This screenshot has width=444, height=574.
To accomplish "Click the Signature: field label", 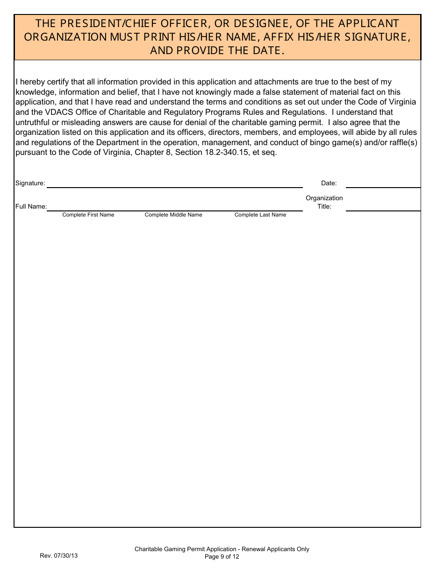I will pos(30,183).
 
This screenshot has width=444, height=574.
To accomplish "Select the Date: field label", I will pos(329,183).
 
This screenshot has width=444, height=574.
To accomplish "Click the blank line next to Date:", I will pos(383,184).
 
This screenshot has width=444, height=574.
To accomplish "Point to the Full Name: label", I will pos(31,206).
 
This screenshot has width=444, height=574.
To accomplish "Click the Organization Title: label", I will pos(324,202).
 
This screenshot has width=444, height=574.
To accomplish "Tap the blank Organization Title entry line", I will pos(383,207).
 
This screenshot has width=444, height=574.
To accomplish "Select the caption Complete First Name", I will pos(88,215).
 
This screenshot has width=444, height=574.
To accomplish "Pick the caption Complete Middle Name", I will pos(173,215).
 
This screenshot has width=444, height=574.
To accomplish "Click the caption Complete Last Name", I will pos(260,215).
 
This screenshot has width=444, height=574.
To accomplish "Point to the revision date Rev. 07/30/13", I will pos(59,556).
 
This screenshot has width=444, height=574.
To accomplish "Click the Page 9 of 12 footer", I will pos(222,556).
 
